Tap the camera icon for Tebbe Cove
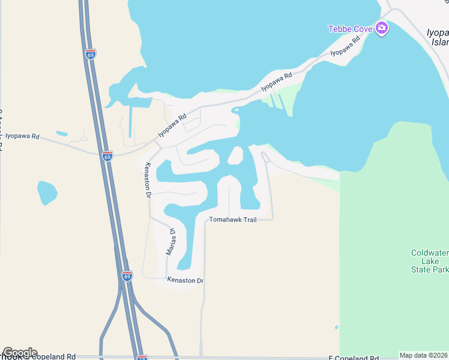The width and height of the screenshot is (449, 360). [x=381, y=28]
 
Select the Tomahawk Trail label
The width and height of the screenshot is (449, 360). [x=233, y=220]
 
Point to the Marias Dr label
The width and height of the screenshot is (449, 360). [x=171, y=241]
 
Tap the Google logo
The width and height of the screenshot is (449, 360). [x=20, y=353]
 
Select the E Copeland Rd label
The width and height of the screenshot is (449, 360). [x=353, y=357]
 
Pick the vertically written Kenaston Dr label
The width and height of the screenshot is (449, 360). [x=148, y=179]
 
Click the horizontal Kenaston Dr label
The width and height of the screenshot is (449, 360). [x=185, y=280]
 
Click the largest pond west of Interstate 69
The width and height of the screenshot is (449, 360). [x=47, y=193]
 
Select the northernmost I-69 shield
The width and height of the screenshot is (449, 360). [x=90, y=53]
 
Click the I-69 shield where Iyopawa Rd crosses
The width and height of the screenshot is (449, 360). [x=107, y=156]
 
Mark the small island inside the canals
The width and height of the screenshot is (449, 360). [x=235, y=155]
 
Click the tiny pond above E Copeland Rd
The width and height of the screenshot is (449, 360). [x=336, y=328]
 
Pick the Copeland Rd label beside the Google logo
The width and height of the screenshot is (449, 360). [x=54, y=356]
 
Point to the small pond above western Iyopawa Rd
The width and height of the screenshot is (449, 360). [x=61, y=133]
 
